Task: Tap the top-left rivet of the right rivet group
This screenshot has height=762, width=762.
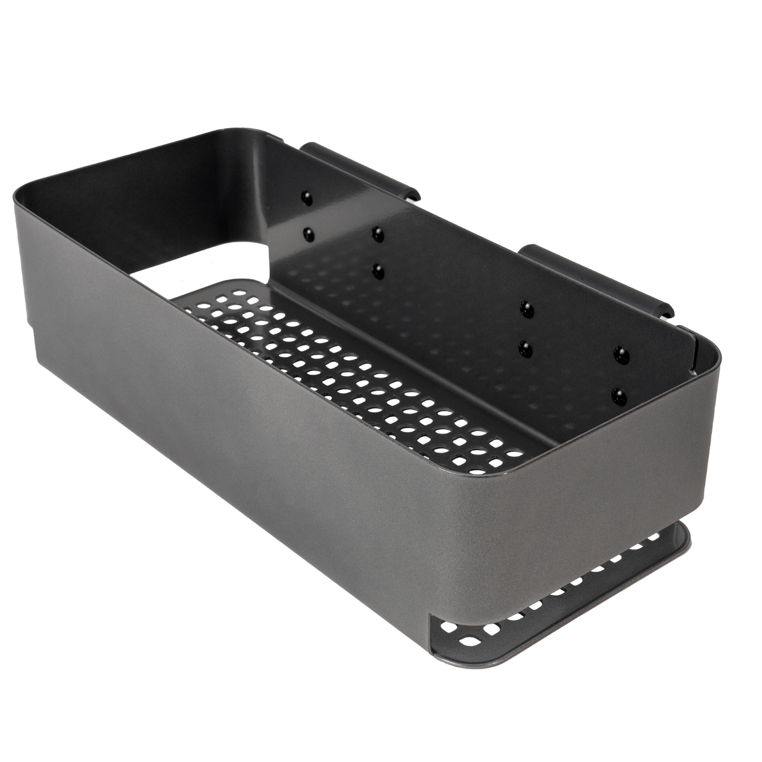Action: (x=525, y=306)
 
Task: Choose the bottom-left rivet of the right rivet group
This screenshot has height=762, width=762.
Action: (x=525, y=347)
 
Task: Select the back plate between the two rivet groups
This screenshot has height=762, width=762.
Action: (x=450, y=296)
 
